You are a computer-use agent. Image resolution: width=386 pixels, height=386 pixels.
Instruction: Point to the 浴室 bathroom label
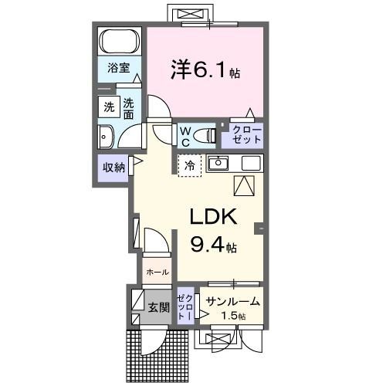point(118,67)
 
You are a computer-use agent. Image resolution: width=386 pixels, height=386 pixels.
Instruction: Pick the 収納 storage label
point(113,166)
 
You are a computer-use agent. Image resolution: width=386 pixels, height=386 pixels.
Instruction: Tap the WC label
point(185,136)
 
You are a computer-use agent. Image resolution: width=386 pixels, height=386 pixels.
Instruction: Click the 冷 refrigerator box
point(189,164)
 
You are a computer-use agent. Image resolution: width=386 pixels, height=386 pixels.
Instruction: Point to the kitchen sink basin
point(218,163)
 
